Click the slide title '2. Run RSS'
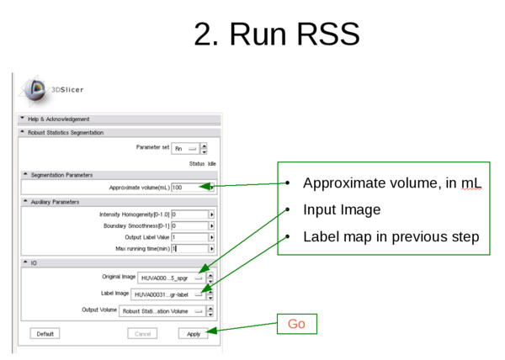[276, 34]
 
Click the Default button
[45, 334]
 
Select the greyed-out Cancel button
[142, 334]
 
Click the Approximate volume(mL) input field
[189, 188]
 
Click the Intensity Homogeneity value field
[189, 214]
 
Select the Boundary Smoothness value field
[189, 226]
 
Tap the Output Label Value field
[189, 237]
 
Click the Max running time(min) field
[189, 249]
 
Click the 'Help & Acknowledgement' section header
[59, 119]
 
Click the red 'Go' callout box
[296, 324]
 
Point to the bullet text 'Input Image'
[342, 210]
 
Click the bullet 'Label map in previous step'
[391, 237]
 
